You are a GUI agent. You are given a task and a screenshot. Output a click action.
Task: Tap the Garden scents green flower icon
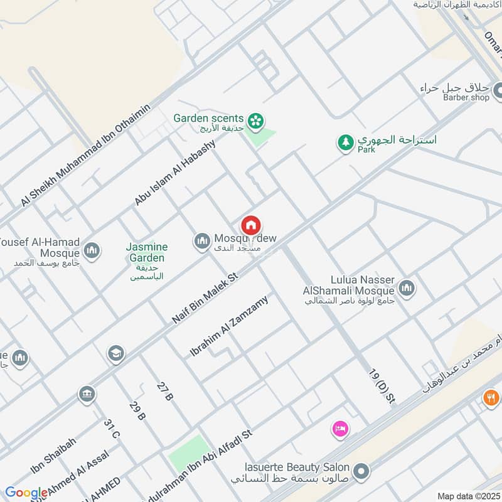click(x=255, y=120)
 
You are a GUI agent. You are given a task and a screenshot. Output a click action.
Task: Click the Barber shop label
click(x=466, y=97)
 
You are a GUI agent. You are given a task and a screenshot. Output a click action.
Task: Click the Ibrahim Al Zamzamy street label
click(x=229, y=326)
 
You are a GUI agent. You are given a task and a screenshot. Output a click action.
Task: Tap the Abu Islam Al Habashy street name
click(x=175, y=173)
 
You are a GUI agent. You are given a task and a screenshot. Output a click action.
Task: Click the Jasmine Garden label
click(x=147, y=252)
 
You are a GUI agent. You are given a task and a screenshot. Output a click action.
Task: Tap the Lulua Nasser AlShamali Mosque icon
click(x=406, y=288)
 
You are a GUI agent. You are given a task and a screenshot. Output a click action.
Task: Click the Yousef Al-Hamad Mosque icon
click(x=92, y=250)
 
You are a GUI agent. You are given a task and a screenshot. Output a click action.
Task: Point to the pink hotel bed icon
click(x=340, y=429)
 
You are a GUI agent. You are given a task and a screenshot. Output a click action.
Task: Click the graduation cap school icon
click(x=115, y=354)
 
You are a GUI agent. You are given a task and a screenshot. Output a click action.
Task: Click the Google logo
click(x=26, y=493)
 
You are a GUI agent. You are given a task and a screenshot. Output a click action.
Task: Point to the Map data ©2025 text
click(x=467, y=496)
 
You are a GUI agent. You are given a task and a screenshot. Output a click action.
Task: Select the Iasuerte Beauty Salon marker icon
click(x=361, y=471)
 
